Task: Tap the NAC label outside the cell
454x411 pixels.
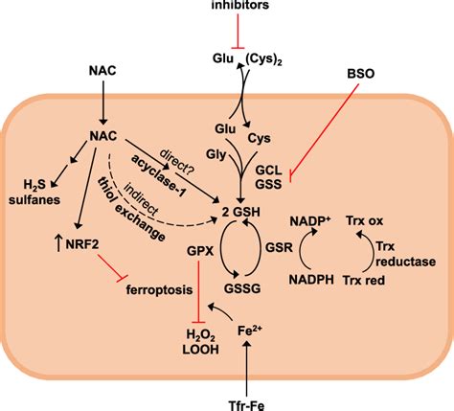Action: pyautogui.click(x=104, y=70)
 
